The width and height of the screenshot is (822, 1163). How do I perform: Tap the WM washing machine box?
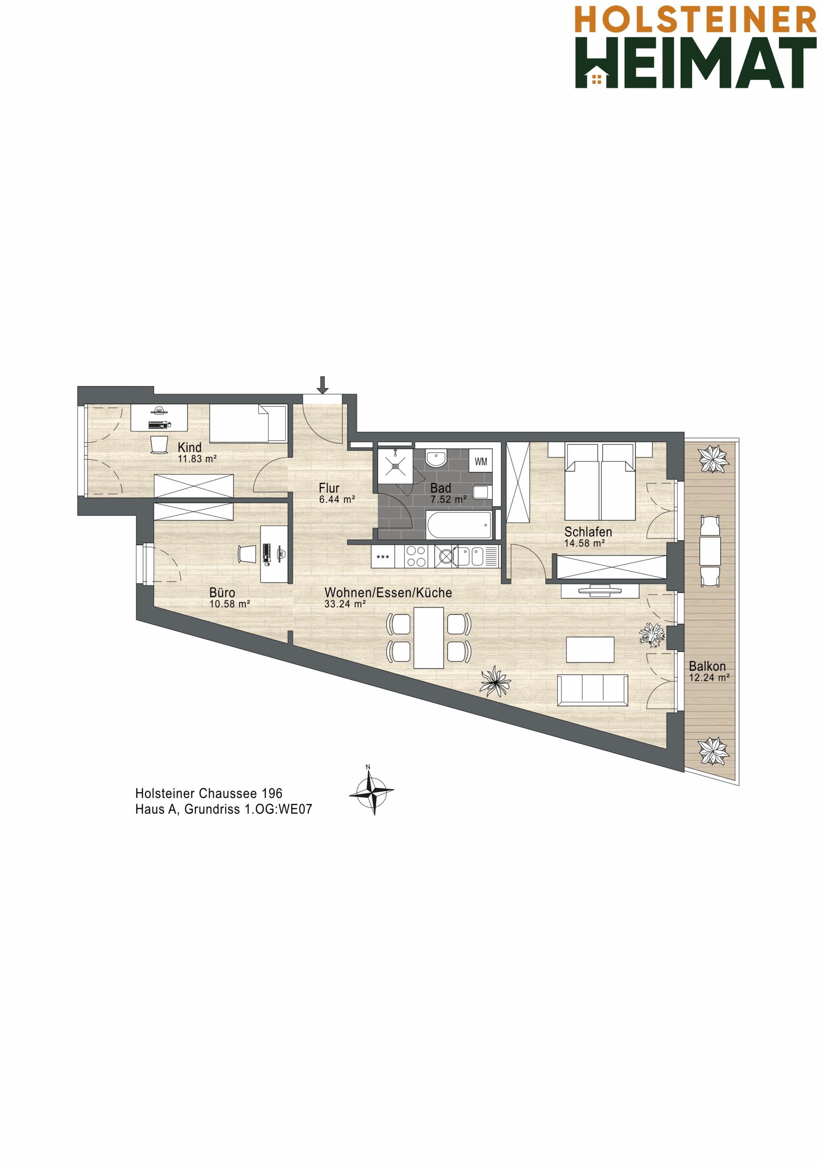pos(480,462)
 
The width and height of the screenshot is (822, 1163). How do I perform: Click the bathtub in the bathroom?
pos(459,525)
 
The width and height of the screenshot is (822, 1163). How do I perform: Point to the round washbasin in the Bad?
pos(436,459)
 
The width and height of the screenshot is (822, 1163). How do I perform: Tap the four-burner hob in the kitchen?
pos(416,556)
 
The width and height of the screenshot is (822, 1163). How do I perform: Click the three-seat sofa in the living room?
pos(592,690)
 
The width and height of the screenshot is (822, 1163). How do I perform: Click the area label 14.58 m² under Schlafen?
pos(584,543)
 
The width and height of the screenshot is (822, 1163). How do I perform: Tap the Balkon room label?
pos(707,666)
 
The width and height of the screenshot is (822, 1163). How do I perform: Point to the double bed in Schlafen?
pos(601,482)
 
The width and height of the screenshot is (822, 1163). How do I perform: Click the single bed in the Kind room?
pos(248,423)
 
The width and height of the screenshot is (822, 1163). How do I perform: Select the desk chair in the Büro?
pos(247,554)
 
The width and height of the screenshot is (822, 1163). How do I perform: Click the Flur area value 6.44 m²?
pos(337,499)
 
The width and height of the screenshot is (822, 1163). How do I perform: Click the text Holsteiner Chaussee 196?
pos(208,793)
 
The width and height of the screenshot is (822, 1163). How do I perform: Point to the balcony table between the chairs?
pos(710,551)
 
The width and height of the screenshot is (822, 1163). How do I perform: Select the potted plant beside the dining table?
pos(495,681)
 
